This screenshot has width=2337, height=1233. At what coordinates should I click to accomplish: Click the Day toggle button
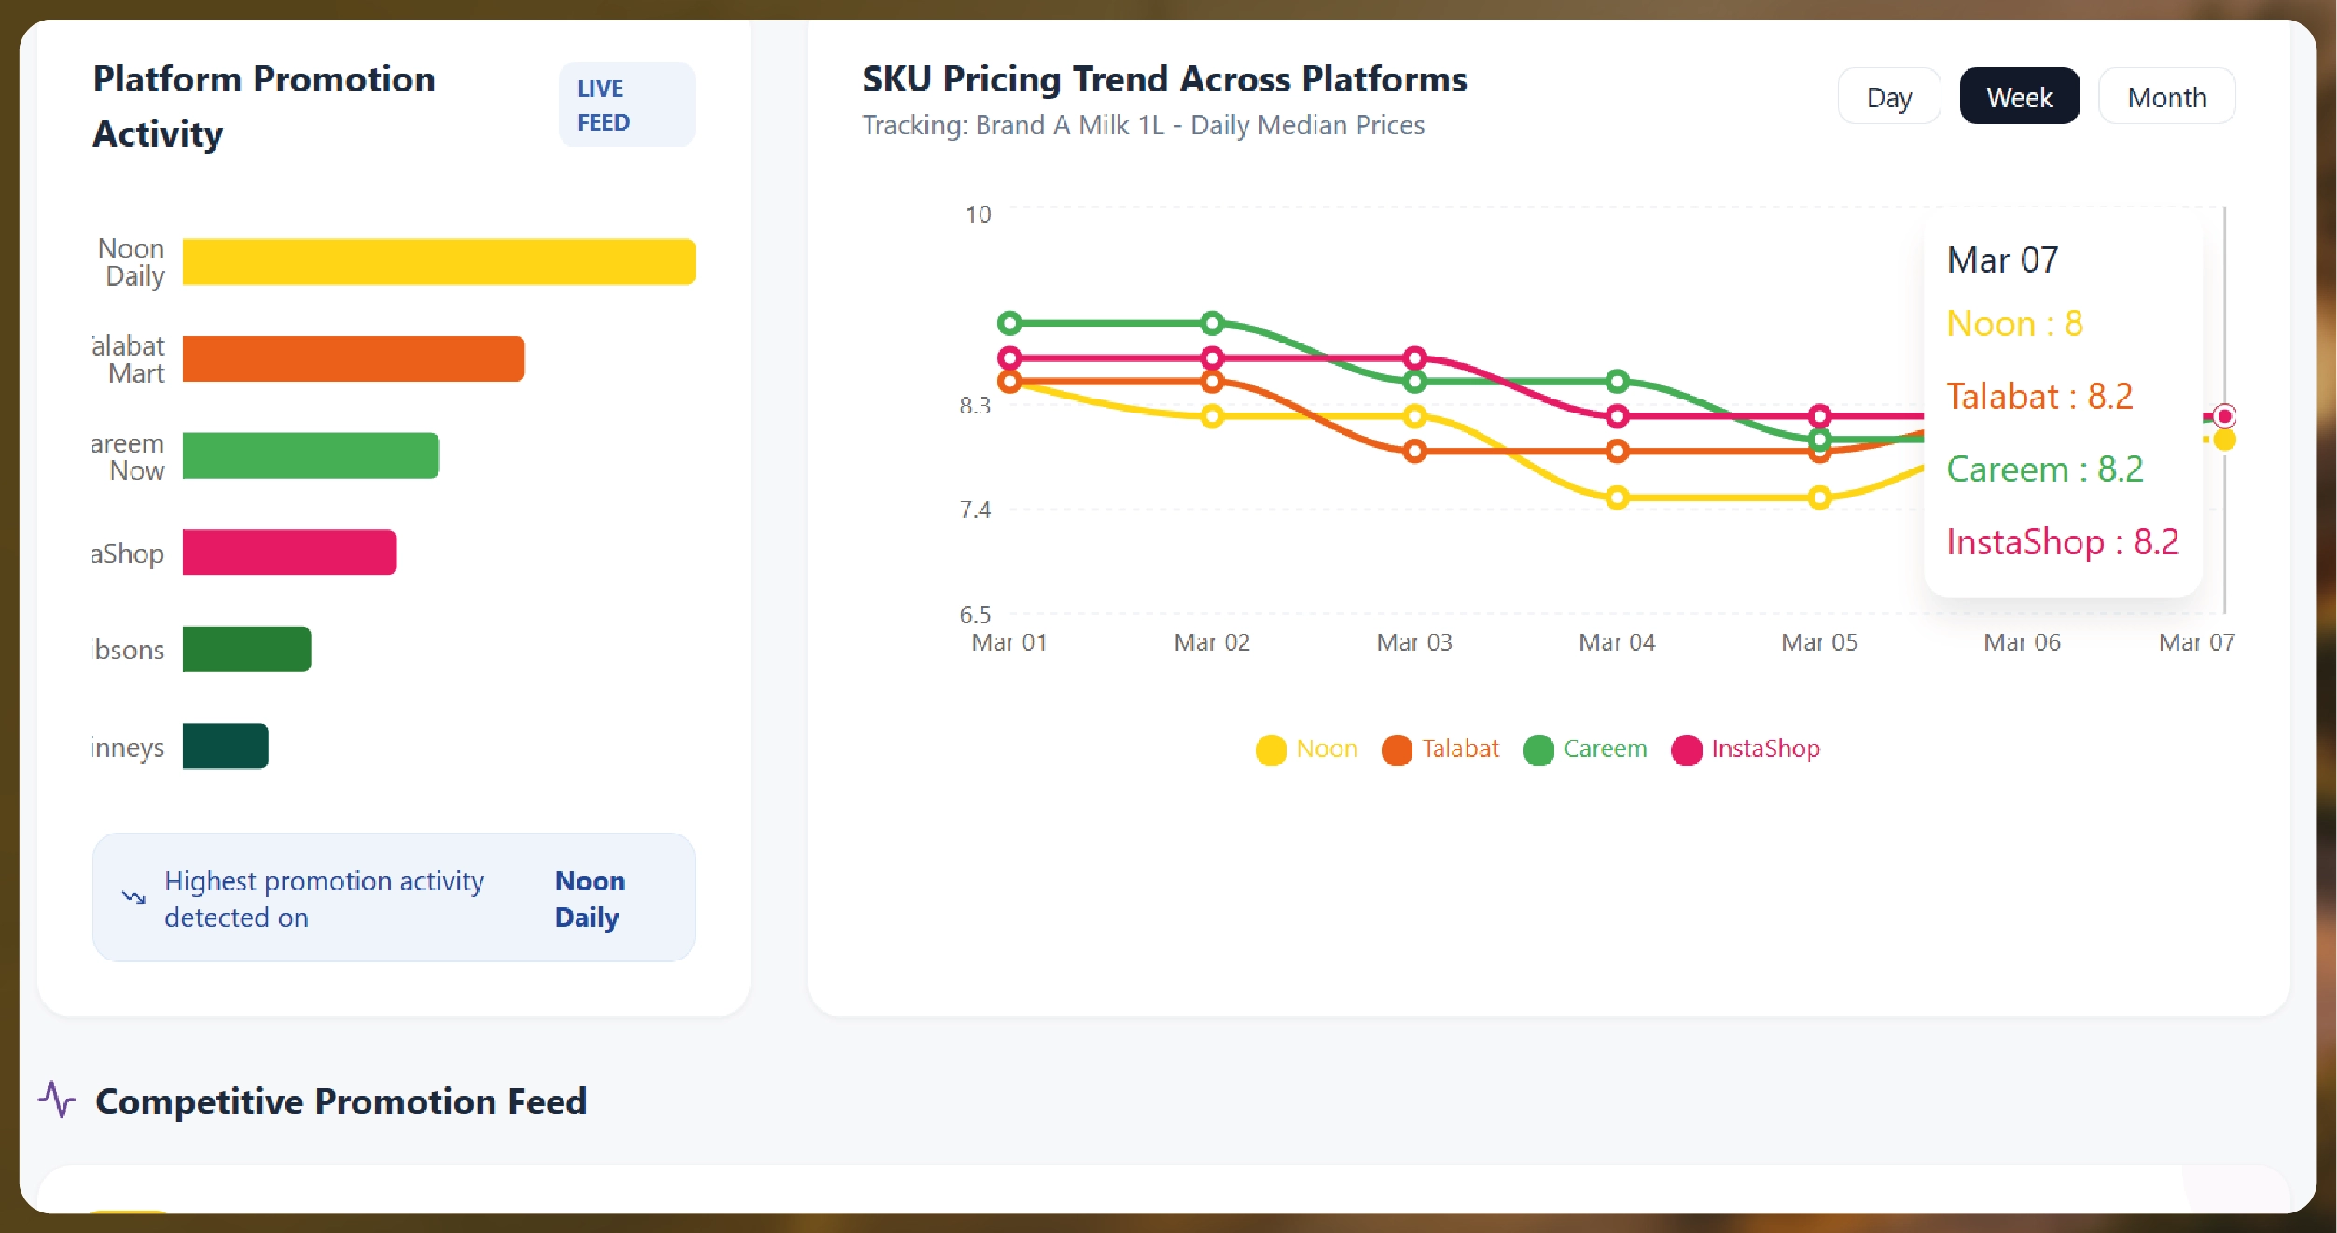pos(1888,97)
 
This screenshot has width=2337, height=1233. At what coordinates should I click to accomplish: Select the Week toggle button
pos(2019,97)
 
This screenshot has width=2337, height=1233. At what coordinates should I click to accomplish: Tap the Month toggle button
pos(2166,97)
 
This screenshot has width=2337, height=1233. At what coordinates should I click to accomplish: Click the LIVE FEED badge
pos(626,105)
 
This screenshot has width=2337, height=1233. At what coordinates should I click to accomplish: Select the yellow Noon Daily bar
pos(438,261)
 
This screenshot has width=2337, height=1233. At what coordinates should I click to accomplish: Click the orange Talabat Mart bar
pos(353,359)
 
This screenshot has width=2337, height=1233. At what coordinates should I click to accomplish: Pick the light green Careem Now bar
pos(310,455)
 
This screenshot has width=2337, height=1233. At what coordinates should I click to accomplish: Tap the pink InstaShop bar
pos(289,553)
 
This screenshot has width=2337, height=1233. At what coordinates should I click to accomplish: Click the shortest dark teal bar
pos(225,747)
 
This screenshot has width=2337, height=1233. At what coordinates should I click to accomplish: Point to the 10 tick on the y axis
pos(978,216)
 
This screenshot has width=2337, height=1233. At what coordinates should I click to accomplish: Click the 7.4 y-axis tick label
pos(975,510)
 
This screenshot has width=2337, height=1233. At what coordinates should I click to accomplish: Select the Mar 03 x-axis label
pos(1414,642)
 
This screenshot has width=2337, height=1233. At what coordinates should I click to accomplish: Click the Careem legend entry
pos(1586,749)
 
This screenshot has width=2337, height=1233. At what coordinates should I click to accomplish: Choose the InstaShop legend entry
pos(1746,749)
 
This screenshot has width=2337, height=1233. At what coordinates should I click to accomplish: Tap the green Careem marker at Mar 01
pos(1009,323)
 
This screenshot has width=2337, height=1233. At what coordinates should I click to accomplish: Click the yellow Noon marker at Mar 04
pos(1617,497)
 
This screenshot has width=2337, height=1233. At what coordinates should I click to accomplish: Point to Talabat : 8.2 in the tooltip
pos(2039,397)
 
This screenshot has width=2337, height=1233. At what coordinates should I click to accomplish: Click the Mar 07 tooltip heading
pos(2002,260)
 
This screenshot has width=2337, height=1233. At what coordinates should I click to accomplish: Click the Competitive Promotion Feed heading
pos(341,1102)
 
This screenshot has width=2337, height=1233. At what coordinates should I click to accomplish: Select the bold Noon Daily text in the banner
pos(590,899)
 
